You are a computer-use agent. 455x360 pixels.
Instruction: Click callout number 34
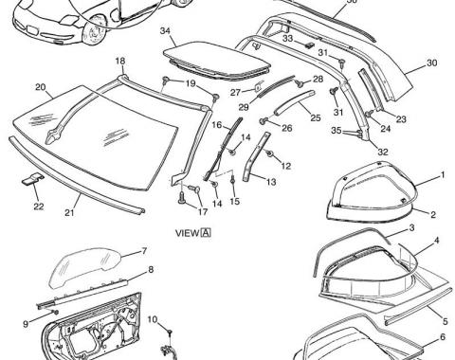click(x=166, y=31)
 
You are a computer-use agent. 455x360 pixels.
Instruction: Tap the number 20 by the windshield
click(x=42, y=88)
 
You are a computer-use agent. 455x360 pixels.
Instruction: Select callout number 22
click(x=38, y=206)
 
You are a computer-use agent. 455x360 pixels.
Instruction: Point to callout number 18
click(x=120, y=61)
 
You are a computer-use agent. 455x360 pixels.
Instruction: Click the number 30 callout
click(x=431, y=63)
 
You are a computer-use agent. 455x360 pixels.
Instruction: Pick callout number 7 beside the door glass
click(x=143, y=251)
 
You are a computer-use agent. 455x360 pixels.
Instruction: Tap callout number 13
click(x=271, y=180)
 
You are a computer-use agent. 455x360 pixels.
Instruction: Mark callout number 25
click(x=315, y=118)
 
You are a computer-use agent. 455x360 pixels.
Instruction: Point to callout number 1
click(x=441, y=175)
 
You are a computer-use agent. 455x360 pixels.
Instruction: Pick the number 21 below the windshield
click(x=69, y=212)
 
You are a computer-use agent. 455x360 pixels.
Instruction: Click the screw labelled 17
click(x=180, y=198)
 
